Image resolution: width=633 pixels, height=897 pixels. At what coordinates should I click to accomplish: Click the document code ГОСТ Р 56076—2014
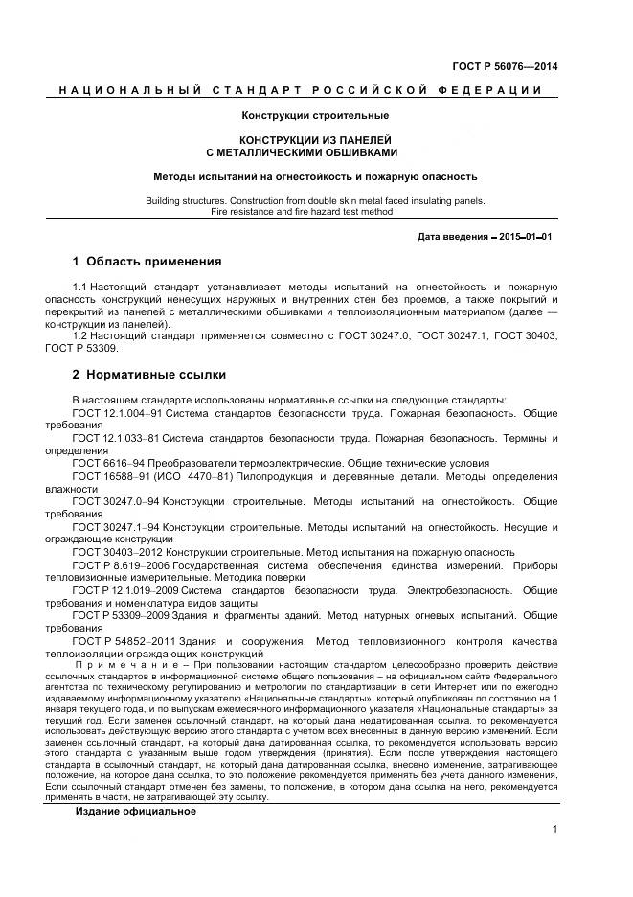(504, 67)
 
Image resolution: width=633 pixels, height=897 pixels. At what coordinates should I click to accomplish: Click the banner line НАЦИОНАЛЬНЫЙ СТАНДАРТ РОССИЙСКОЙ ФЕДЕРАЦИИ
(301, 91)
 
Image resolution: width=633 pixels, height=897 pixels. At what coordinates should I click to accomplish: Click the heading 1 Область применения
(147, 262)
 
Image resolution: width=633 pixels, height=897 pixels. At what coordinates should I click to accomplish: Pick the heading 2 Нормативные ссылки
(148, 375)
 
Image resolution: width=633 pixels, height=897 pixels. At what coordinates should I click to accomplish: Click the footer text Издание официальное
(136, 785)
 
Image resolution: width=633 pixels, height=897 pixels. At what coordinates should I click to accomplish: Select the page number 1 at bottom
(554, 829)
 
